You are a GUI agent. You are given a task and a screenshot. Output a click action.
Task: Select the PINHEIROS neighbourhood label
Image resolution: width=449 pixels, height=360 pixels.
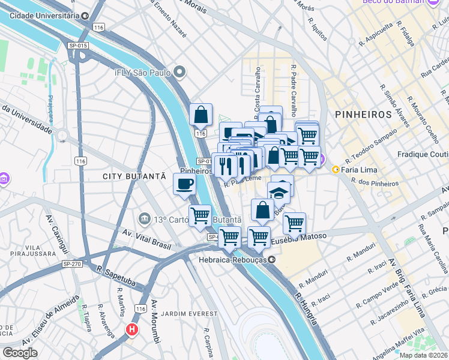tap(356, 114)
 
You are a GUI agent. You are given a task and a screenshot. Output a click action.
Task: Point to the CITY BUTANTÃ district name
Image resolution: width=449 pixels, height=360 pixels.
tap(134, 176)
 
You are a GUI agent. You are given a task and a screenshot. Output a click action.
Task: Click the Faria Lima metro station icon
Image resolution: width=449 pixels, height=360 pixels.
tap(335, 170)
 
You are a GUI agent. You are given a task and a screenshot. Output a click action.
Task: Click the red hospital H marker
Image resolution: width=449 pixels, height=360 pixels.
tap(131, 329)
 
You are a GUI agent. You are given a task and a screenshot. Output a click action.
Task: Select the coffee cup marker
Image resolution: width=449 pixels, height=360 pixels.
tap(184, 184)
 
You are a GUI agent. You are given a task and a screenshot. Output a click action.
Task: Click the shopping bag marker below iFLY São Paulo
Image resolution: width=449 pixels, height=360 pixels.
tap(200, 114)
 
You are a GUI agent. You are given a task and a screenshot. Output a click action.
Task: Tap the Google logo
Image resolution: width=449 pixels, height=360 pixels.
tap(20, 353)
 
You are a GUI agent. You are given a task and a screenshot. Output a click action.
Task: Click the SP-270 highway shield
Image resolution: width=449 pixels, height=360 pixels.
tap(71, 264)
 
